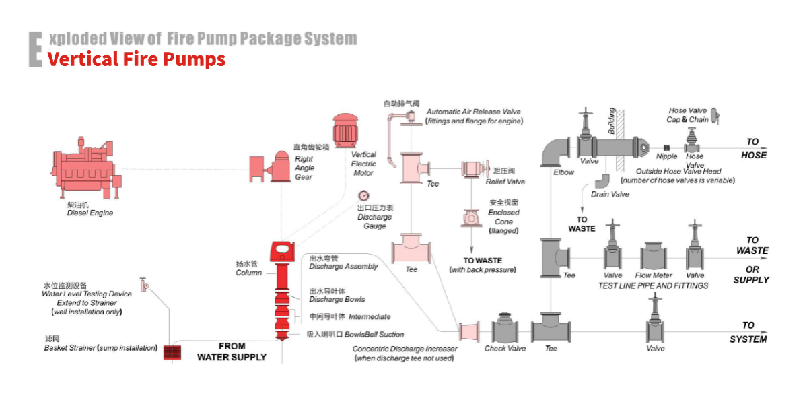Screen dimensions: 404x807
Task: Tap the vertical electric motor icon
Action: pyautogui.click(x=347, y=130)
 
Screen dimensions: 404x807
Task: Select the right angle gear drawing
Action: pyautogui.click(x=269, y=166)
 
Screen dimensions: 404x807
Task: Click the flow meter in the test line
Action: pyautogui.click(x=654, y=257)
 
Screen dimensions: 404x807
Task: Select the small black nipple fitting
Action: pyautogui.click(x=666, y=147)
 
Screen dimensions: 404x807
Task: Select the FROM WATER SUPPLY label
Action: pyautogui.click(x=232, y=351)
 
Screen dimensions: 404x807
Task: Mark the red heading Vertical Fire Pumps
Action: pyautogui.click(x=137, y=59)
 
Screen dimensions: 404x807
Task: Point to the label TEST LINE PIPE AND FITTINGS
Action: pyautogui.click(x=653, y=285)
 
